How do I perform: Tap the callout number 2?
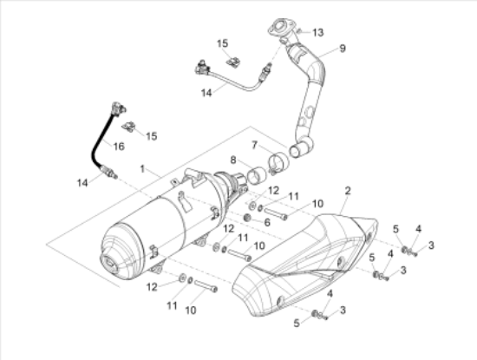(347, 190)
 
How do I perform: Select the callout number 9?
(342, 49)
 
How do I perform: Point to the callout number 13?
(317, 32)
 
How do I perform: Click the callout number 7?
(255, 144)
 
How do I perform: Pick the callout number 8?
(233, 160)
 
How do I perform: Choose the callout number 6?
(267, 222)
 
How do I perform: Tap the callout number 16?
(120, 147)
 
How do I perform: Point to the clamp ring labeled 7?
(279, 160)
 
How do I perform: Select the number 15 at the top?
(223, 43)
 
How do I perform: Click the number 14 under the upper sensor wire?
(206, 92)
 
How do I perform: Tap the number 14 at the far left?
(82, 182)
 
